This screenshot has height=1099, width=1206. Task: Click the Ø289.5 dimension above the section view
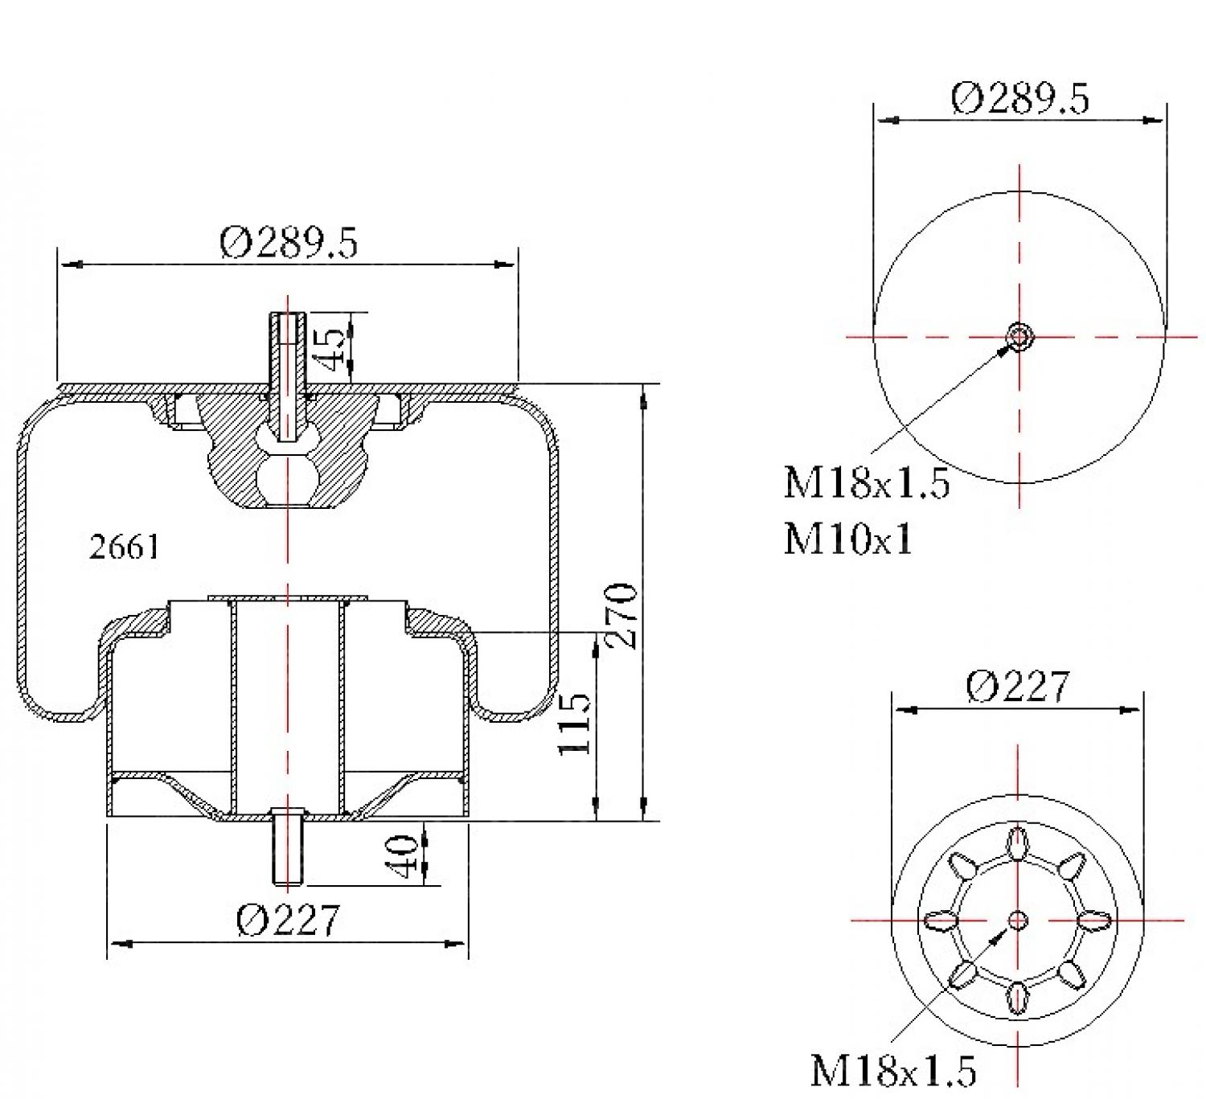click(x=288, y=242)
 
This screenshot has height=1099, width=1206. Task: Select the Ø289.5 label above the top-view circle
click(x=1019, y=98)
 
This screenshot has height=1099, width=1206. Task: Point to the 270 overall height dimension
click(x=621, y=615)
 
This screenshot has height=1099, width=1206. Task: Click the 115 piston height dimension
click(x=574, y=724)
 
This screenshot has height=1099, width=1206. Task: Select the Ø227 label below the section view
click(x=288, y=919)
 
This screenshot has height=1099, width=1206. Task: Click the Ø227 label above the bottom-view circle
click(x=1018, y=687)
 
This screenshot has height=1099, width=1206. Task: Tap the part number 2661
click(x=124, y=547)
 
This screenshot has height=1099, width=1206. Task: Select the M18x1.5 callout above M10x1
click(x=866, y=483)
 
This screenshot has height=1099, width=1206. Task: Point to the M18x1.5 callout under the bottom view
click(x=892, y=1070)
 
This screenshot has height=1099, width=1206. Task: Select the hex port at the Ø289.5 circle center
click(x=1019, y=337)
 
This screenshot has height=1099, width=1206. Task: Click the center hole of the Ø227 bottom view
click(x=1018, y=920)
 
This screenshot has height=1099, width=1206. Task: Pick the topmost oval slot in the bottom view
click(x=1018, y=844)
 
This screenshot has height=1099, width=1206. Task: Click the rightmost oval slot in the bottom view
click(x=1093, y=921)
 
